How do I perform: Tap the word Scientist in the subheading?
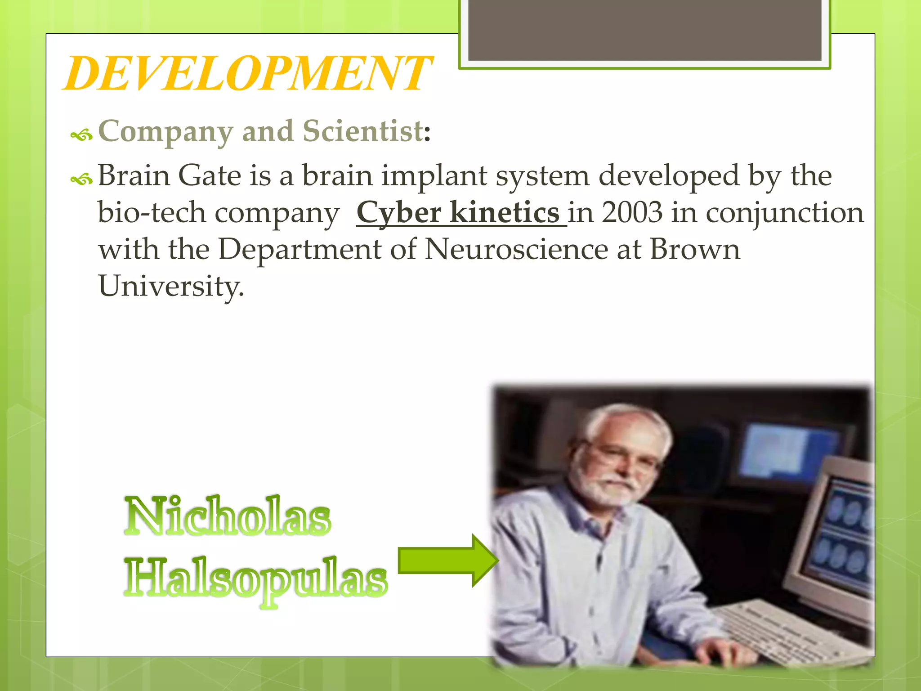tap(362, 131)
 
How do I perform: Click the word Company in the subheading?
tap(165, 132)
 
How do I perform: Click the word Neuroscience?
tap(516, 249)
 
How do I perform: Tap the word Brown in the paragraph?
tap(695, 249)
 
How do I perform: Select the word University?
tap(171, 287)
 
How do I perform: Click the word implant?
tap(434, 175)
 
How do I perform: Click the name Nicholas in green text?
tap(228, 516)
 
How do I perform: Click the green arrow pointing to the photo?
tap(448, 560)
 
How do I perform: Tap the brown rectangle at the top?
tap(644, 31)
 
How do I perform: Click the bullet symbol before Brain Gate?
tap(81, 179)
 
